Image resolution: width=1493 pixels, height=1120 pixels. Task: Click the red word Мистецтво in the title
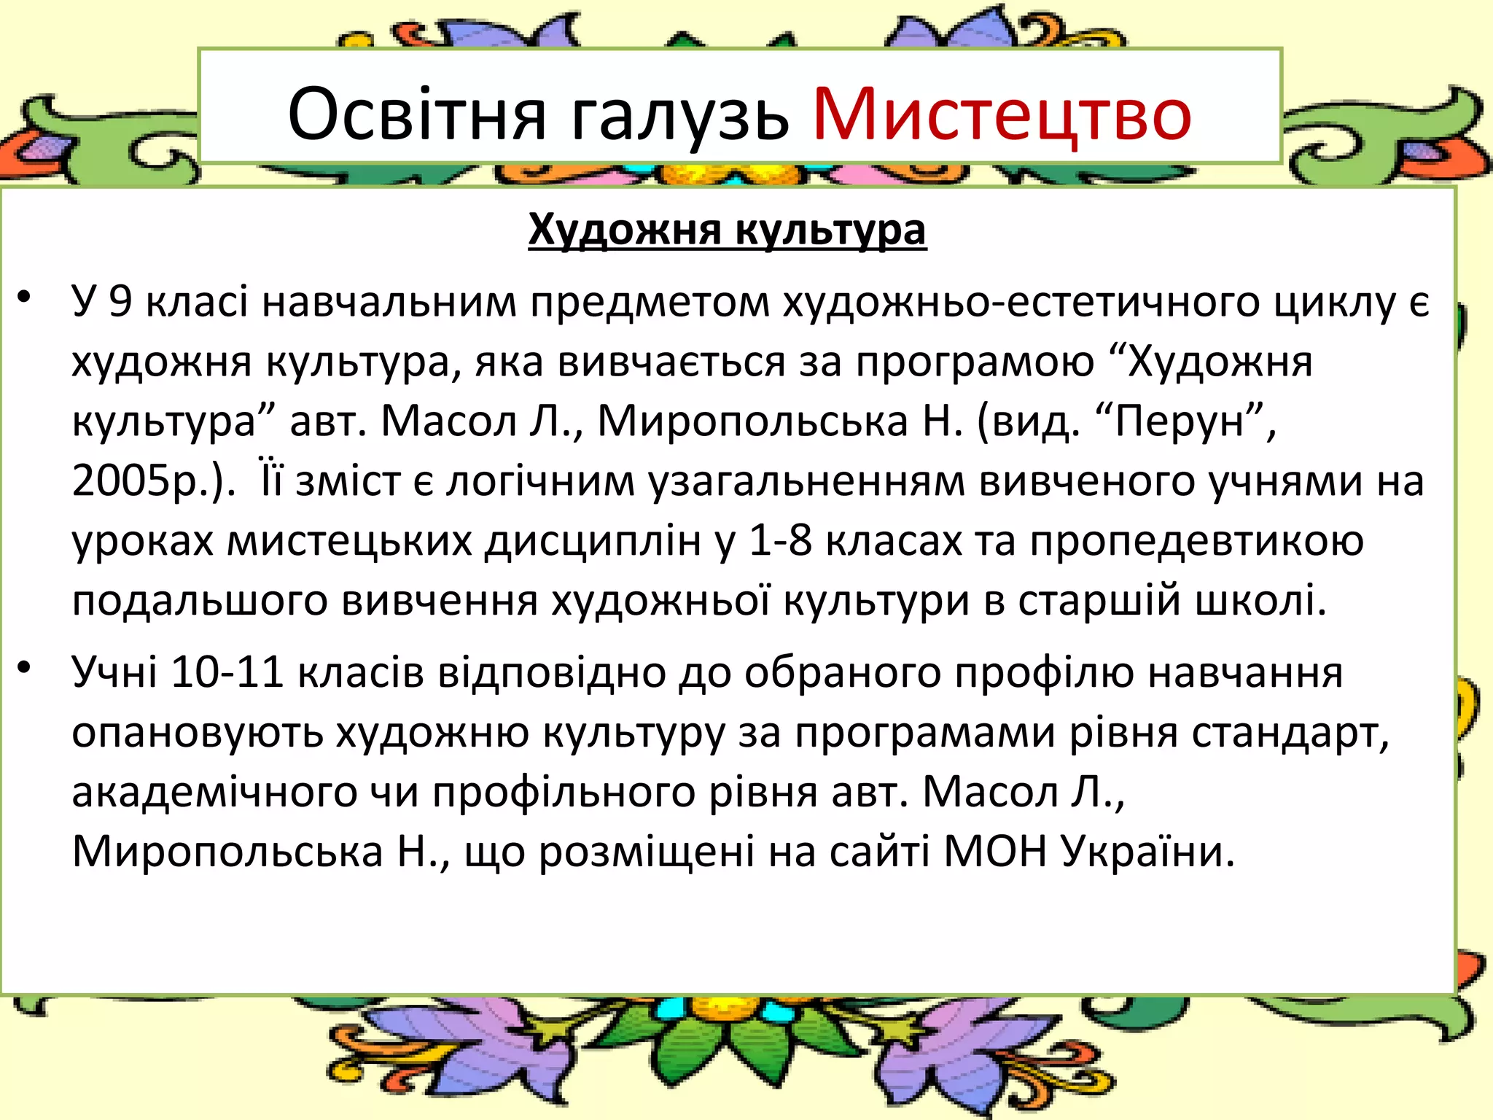pos(1002,114)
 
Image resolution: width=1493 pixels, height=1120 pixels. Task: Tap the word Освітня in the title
pos(416,114)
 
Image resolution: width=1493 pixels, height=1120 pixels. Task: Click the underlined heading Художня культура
pos(727,230)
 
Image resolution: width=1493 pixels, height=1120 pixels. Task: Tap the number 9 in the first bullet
pos(120,300)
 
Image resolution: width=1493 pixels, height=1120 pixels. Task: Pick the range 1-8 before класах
pos(780,541)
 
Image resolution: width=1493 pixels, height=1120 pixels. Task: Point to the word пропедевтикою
pos(1196,541)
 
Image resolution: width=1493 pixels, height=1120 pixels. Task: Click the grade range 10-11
pos(227,672)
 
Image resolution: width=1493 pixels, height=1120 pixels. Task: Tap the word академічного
pos(214,793)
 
